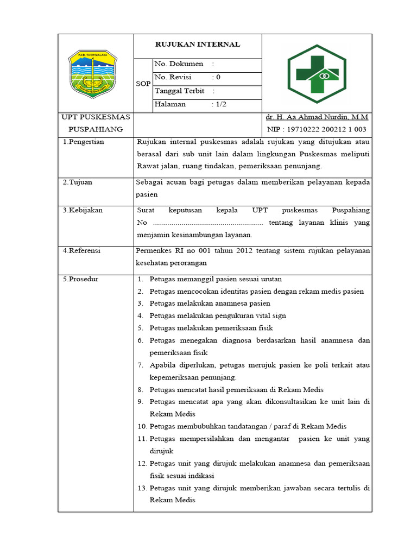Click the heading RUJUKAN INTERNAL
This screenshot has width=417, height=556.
(x=198, y=45)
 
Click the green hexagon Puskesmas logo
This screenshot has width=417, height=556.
(x=316, y=73)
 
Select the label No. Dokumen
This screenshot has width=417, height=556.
(x=179, y=64)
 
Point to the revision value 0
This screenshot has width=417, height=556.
(x=218, y=77)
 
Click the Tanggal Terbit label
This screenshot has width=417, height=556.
(x=179, y=91)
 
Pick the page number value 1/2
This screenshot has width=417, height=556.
(x=220, y=104)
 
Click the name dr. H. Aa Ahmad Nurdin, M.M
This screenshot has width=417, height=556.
(x=317, y=117)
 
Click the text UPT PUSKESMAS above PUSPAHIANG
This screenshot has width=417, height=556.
(x=96, y=117)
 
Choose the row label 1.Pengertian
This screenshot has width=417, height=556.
(x=83, y=142)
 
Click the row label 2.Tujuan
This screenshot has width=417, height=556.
(x=77, y=182)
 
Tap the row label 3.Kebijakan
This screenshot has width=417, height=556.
(x=83, y=210)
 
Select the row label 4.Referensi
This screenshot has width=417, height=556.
(x=81, y=251)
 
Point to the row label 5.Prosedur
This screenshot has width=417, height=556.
(x=80, y=280)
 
